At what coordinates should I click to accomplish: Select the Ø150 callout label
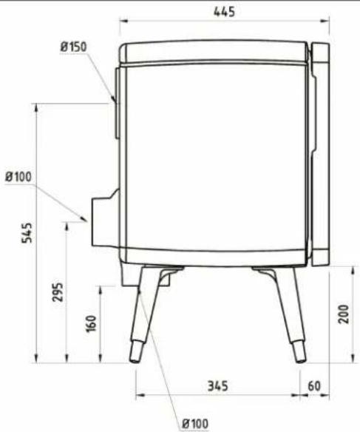[74, 47]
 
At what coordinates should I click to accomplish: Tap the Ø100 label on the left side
[18, 177]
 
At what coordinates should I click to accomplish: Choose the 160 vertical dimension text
[91, 323]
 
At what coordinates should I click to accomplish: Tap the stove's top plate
[214, 54]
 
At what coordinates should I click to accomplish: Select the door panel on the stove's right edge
[320, 155]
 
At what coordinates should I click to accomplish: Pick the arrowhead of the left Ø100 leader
[86, 220]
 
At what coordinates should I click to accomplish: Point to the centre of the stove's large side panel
[214, 159]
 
